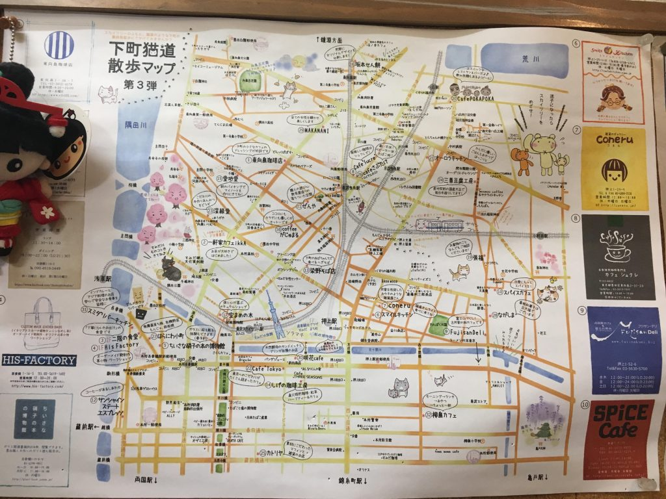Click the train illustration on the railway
click(440, 225)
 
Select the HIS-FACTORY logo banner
click(38, 360)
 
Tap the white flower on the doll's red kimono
click(47, 212)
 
